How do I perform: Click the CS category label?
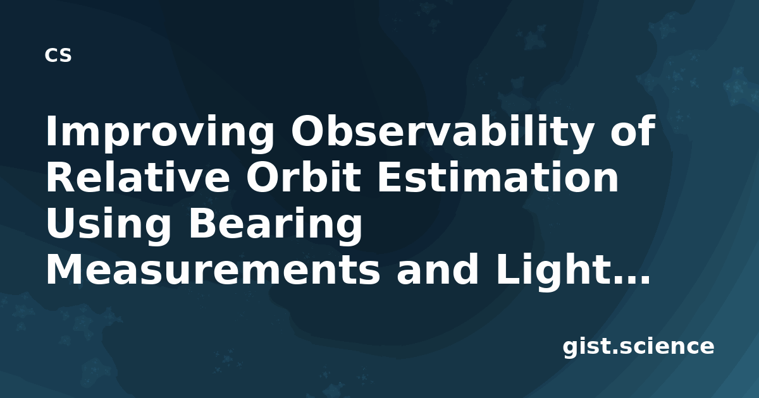coord(58,55)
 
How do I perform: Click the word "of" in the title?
coord(632,130)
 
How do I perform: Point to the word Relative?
coord(138,177)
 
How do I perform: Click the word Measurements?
coord(213,269)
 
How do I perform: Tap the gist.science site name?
coord(638,347)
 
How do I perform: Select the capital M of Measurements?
coord(64,269)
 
